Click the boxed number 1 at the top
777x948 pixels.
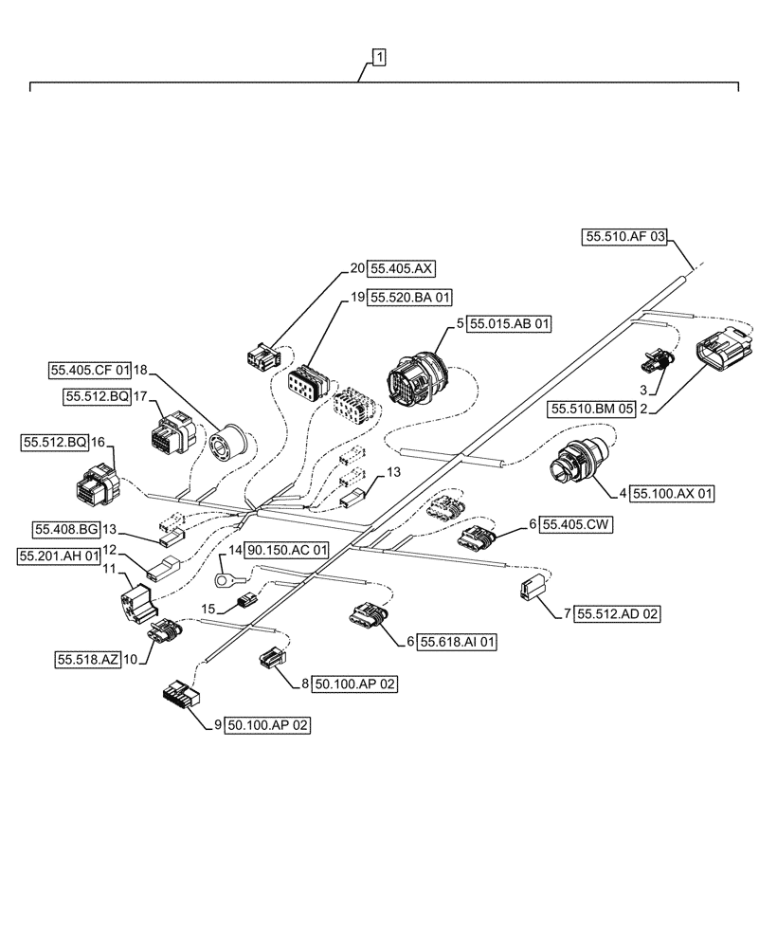(378, 59)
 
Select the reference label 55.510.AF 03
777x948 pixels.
(625, 237)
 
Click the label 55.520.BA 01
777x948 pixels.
(411, 297)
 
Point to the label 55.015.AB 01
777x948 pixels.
(509, 323)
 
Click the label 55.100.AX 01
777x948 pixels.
(673, 494)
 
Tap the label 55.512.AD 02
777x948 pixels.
(617, 614)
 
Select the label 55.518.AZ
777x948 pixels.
(88, 660)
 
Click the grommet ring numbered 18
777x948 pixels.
(231, 445)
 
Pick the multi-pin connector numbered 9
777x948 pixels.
(180, 696)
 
